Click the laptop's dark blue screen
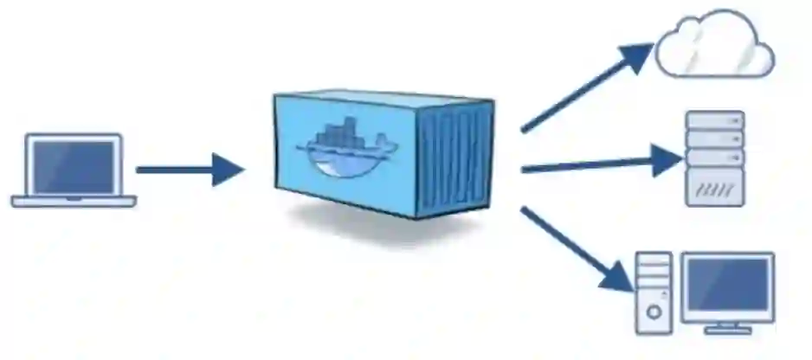74,167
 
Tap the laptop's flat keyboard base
74,202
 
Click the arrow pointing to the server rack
597,163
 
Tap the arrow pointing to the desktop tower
580,247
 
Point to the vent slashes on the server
714,187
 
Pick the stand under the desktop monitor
727,326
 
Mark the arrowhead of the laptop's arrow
229,170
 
